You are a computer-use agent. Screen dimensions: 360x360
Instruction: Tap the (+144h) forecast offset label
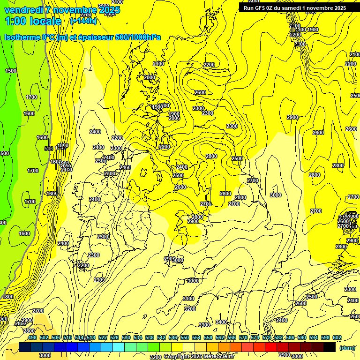83,21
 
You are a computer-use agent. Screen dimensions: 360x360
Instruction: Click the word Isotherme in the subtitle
22,37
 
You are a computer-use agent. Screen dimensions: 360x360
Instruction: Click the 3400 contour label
221,322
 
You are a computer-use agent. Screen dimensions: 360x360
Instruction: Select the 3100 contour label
188,299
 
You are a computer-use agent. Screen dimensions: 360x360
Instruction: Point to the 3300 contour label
204,325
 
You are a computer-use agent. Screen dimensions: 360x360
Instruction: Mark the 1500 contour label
10,71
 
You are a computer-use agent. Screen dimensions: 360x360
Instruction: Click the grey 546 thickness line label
48,149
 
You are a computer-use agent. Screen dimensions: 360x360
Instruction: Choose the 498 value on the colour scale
32,337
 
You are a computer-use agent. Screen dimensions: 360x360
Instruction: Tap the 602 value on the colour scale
337,337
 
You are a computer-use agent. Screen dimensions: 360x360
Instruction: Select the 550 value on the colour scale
185,337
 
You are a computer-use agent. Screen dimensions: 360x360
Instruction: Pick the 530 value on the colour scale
126,337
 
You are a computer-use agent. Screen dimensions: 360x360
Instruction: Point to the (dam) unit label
347,347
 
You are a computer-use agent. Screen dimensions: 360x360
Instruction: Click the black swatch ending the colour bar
330,347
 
